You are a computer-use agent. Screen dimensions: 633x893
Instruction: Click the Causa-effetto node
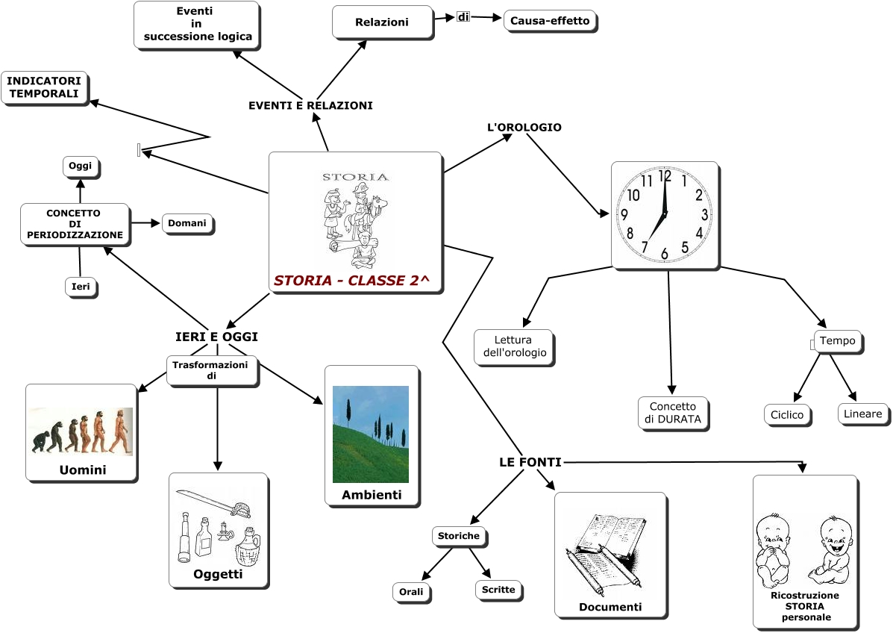click(550, 21)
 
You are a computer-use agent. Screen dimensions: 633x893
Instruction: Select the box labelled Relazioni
click(382, 22)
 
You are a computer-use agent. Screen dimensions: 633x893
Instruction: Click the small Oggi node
click(80, 166)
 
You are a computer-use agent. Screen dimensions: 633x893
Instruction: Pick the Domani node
click(187, 223)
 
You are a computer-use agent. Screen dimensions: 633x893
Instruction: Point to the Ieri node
click(81, 287)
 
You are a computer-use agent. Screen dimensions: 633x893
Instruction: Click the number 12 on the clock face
click(665, 178)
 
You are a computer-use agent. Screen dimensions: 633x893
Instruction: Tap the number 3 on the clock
click(704, 215)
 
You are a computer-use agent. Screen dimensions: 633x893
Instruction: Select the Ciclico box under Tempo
click(788, 414)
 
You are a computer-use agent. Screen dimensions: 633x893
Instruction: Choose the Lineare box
click(863, 414)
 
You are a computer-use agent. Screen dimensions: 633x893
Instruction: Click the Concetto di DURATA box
click(673, 413)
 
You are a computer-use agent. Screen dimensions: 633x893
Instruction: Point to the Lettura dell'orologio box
click(513, 346)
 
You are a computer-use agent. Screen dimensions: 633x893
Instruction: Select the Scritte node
click(498, 590)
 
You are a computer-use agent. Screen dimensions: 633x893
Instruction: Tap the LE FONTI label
click(530, 463)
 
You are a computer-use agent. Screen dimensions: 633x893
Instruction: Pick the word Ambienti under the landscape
click(372, 495)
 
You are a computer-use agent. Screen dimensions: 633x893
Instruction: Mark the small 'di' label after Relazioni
click(463, 16)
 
